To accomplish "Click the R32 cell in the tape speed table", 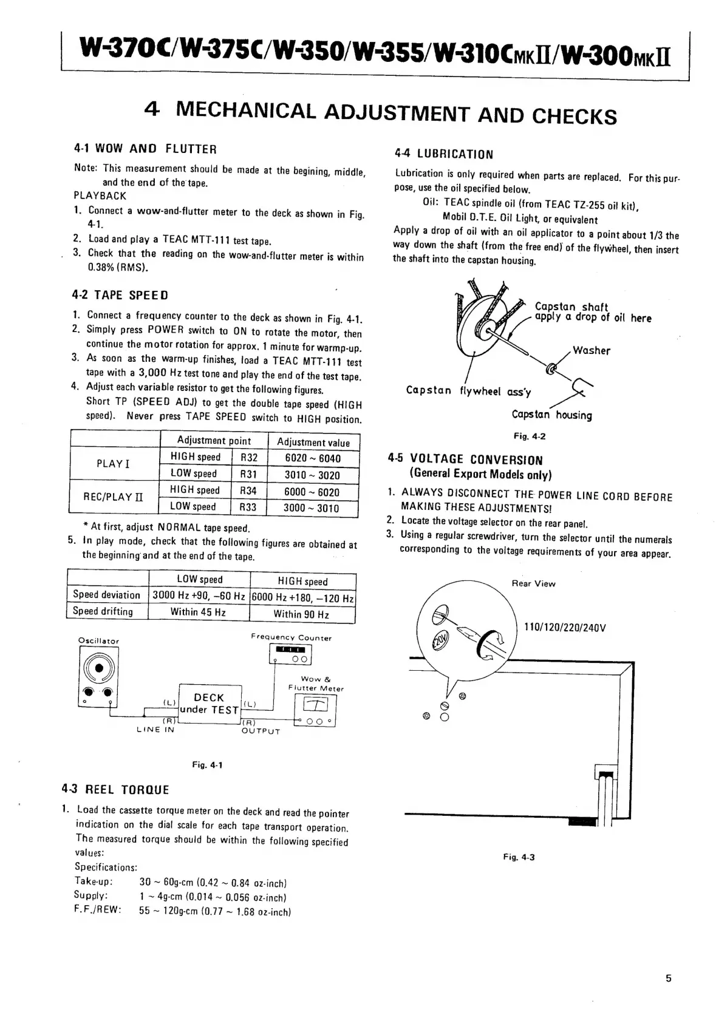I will pyautogui.click(x=249, y=458).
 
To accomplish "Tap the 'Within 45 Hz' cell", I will pyautogui.click(x=198, y=612).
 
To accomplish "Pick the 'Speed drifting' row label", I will pyautogui.click(x=103, y=611).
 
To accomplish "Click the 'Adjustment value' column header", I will pyautogui.click(x=313, y=442).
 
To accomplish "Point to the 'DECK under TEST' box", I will pyautogui.click(x=210, y=704).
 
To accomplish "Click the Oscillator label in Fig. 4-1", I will pyautogui.click(x=99, y=641).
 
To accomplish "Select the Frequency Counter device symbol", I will pyautogui.click(x=290, y=654).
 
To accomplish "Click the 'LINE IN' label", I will pyautogui.click(x=156, y=730).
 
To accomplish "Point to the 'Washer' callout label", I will pyautogui.click(x=592, y=351).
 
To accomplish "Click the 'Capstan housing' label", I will pyautogui.click(x=551, y=415).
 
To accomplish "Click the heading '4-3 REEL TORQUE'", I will pyautogui.click(x=115, y=790).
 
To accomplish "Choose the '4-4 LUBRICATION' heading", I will pyautogui.click(x=443, y=154).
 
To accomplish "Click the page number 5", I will pyautogui.click(x=669, y=978).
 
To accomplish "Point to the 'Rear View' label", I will pyautogui.click(x=533, y=584).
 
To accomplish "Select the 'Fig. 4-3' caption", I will pyautogui.click(x=519, y=857).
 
